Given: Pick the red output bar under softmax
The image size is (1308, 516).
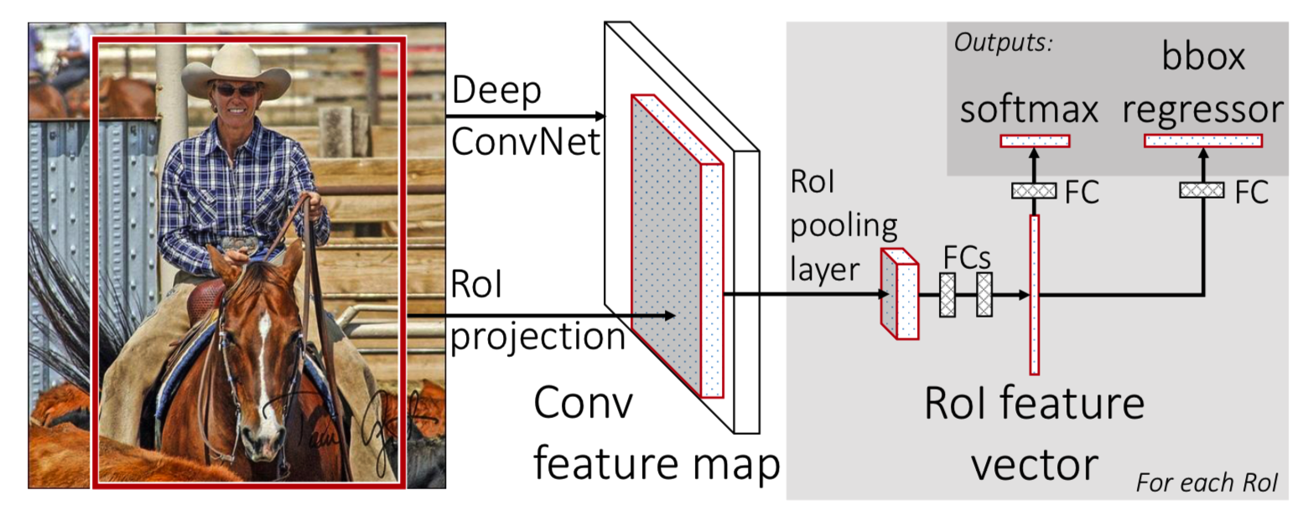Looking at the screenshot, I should tap(1035, 141).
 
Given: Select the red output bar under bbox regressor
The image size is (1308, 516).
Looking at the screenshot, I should tap(1203, 141).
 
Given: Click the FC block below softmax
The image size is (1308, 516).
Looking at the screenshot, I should tap(1035, 190).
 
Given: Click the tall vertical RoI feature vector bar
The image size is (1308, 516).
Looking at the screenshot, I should tap(1035, 293).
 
